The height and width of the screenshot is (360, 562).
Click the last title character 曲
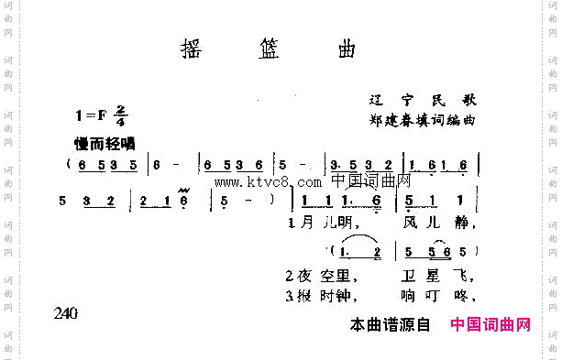tap(347, 48)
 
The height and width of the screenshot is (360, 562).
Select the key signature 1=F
tap(93, 115)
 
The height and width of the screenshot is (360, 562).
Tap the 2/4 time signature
tap(121, 115)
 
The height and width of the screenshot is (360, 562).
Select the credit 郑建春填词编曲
tap(422, 119)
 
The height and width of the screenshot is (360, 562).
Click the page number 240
tap(65, 313)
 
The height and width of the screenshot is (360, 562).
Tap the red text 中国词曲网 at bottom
tap(490, 324)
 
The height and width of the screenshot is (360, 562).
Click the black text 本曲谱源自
tap(391, 324)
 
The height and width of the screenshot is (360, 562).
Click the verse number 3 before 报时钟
tap(288, 295)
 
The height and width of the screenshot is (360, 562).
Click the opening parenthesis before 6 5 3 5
tap(69, 166)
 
